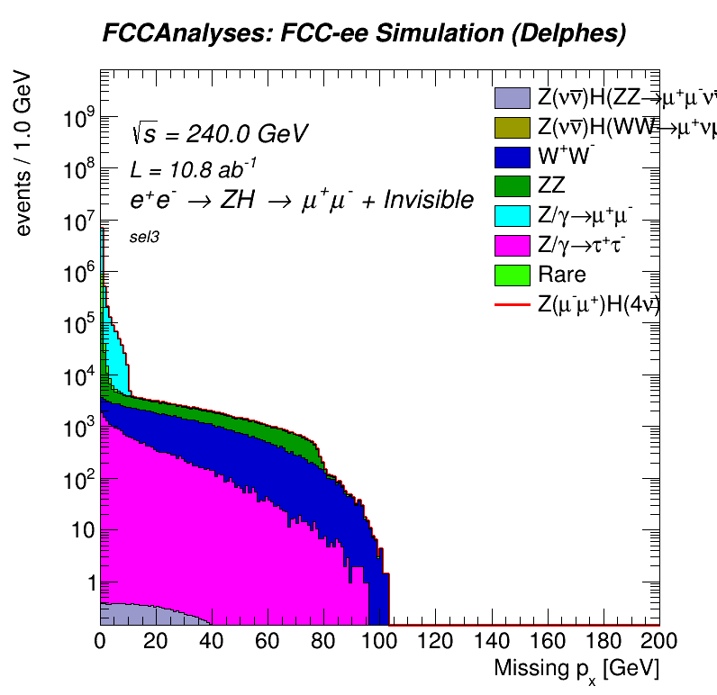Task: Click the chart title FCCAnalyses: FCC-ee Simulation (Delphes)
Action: point(364,34)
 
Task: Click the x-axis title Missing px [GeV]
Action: point(576,669)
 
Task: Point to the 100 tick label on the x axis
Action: point(377,641)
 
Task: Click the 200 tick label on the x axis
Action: point(656,641)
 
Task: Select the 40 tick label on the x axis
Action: point(212,641)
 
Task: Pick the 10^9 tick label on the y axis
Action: point(78,118)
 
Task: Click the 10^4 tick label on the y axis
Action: point(78,376)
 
